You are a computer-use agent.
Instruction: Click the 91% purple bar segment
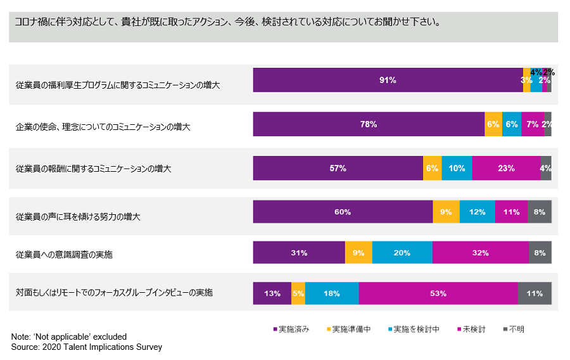388,80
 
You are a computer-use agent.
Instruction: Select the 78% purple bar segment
369,124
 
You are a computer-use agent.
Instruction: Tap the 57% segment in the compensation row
338,169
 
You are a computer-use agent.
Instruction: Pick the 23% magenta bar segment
506,169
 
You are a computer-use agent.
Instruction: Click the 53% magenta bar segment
438,293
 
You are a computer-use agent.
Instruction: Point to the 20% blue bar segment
402,252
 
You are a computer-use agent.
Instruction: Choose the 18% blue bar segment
332,293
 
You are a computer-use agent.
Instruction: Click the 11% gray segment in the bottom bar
535,293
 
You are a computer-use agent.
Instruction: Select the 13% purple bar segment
272,293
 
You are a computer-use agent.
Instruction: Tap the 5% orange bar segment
298,293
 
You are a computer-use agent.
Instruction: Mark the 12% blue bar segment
477,212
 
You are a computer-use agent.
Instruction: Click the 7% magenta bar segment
533,124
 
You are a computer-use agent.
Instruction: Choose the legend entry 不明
515,329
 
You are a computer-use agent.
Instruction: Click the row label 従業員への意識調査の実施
64,254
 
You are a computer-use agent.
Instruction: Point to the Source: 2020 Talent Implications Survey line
87,347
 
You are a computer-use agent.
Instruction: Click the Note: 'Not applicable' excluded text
69,337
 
